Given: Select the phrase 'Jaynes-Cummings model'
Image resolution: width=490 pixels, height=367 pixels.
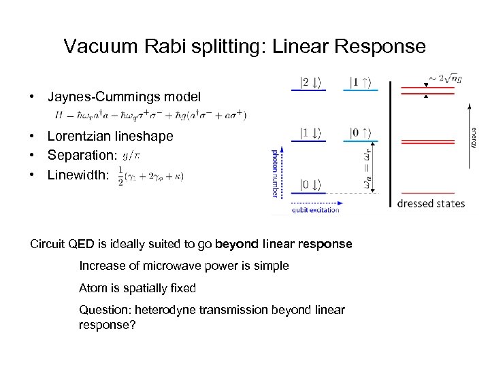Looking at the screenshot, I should point(124,97).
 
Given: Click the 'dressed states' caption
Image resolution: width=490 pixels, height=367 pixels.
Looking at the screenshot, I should point(431,203).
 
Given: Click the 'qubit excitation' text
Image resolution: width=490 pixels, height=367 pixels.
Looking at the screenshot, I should point(315,211).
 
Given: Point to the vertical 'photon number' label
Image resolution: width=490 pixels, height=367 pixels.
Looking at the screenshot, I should point(276,173).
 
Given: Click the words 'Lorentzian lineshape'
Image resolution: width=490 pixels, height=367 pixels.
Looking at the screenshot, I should point(110,136).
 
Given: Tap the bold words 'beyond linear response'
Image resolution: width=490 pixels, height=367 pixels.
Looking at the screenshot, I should point(284,243).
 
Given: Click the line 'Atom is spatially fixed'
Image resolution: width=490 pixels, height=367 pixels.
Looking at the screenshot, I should point(137,288).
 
